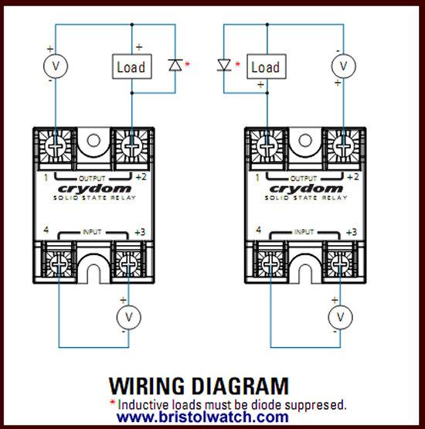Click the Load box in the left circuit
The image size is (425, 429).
[131, 66]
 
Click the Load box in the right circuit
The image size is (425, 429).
[265, 66]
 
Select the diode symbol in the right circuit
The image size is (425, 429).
[224, 66]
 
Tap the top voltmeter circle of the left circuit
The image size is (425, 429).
[55, 66]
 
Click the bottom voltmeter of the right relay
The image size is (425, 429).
[338, 317]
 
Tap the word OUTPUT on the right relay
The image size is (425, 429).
[303, 177]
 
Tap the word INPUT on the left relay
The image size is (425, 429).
[93, 231]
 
